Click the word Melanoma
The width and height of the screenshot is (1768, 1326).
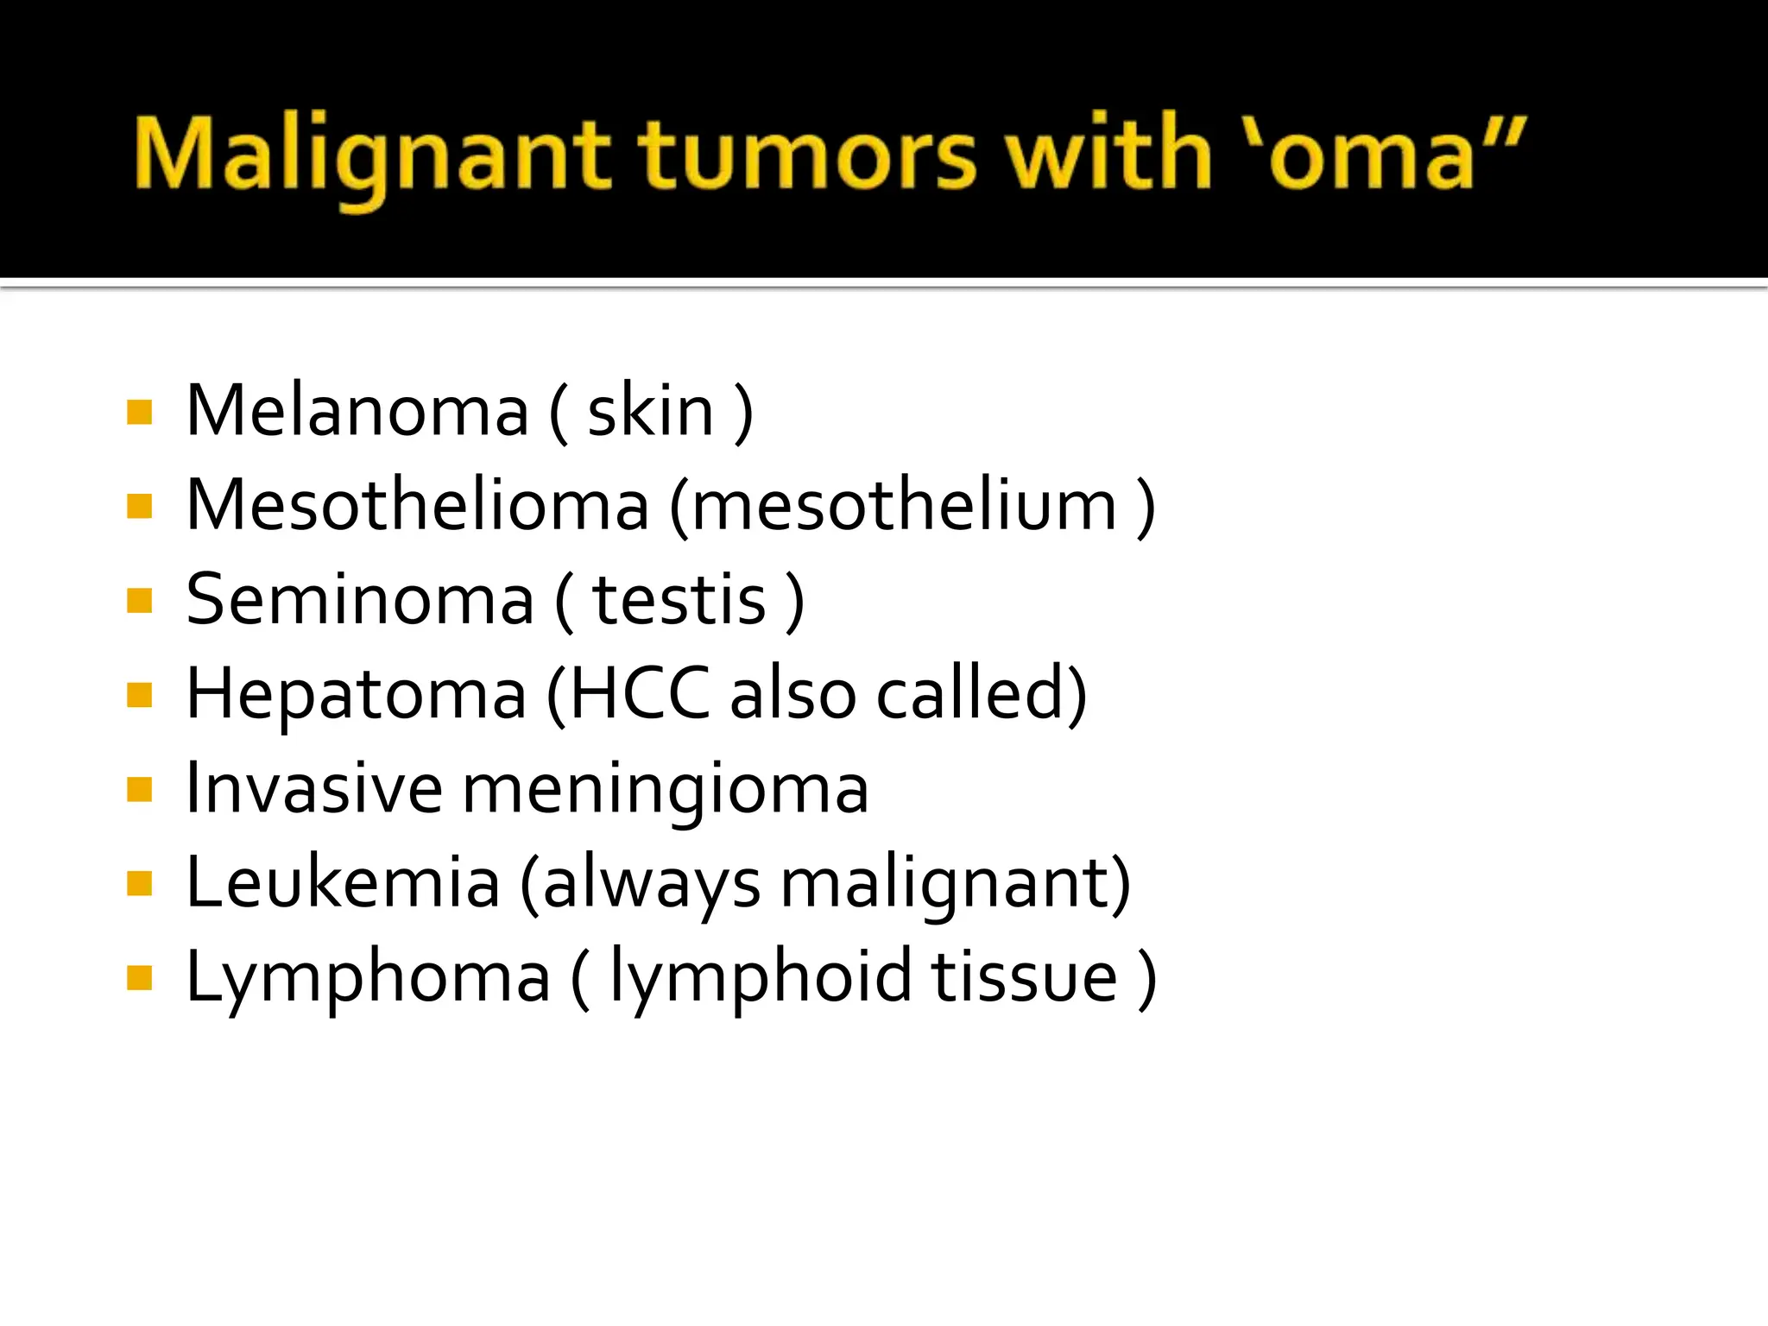357,411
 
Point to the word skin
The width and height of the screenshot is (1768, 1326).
651,411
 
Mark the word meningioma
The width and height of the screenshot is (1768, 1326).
666,790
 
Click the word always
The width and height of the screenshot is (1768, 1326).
652,884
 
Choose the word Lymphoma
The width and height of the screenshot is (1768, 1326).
369,978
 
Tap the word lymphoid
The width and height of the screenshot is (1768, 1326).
761,978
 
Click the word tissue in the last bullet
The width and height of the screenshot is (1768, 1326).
1024,977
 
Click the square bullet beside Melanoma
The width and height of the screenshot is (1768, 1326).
139,412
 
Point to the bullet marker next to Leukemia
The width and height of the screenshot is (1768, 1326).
139,884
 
